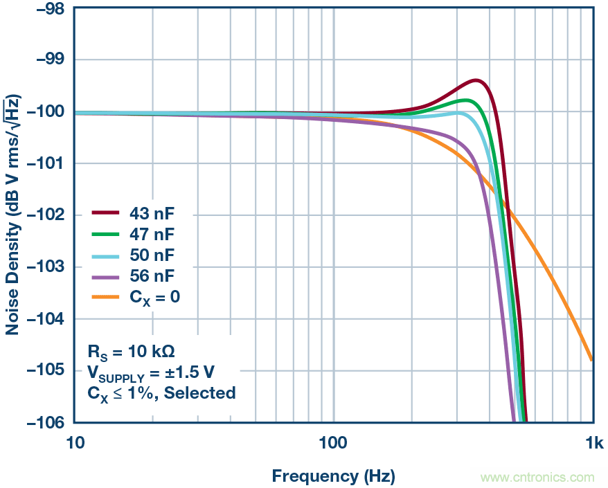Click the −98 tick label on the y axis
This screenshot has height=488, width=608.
(46, 9)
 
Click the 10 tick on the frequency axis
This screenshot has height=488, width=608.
(74, 443)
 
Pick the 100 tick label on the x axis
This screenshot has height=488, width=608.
(333, 443)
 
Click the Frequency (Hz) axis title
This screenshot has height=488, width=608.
(333, 476)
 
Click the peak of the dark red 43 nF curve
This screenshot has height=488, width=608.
(476, 80)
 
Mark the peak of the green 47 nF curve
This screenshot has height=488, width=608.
(469, 100)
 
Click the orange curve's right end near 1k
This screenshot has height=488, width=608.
(591, 359)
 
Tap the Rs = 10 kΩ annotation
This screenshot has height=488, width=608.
(136, 351)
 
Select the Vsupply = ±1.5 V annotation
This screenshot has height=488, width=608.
(150, 372)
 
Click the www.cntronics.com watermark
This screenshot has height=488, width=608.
(537, 478)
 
